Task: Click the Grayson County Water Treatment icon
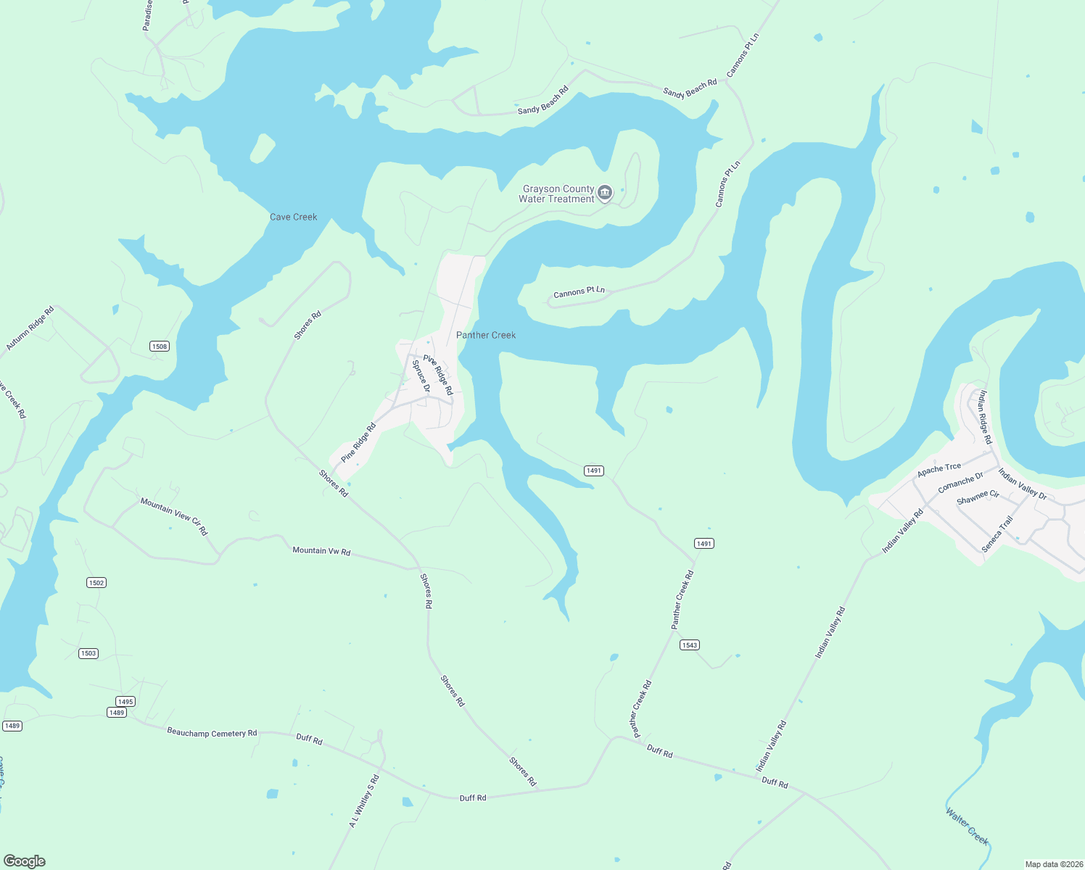pos(605,193)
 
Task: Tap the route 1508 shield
pos(160,347)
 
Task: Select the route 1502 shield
pos(96,583)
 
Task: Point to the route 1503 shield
pos(88,653)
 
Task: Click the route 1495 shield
pos(125,701)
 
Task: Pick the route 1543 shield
pos(689,645)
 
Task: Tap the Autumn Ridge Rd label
pos(30,329)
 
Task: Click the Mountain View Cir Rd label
pos(174,516)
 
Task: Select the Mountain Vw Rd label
pos(321,551)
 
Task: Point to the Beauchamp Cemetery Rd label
pos(212,733)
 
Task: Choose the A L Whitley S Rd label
pos(364,801)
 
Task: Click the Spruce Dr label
pos(421,376)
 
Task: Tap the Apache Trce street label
pos(939,470)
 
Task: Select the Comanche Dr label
pos(960,482)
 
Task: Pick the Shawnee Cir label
pos(978,497)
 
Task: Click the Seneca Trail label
pos(997,534)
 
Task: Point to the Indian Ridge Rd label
pos(985,417)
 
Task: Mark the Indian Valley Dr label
pos(1023,484)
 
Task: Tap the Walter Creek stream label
pos(968,826)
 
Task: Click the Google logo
pos(25,861)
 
